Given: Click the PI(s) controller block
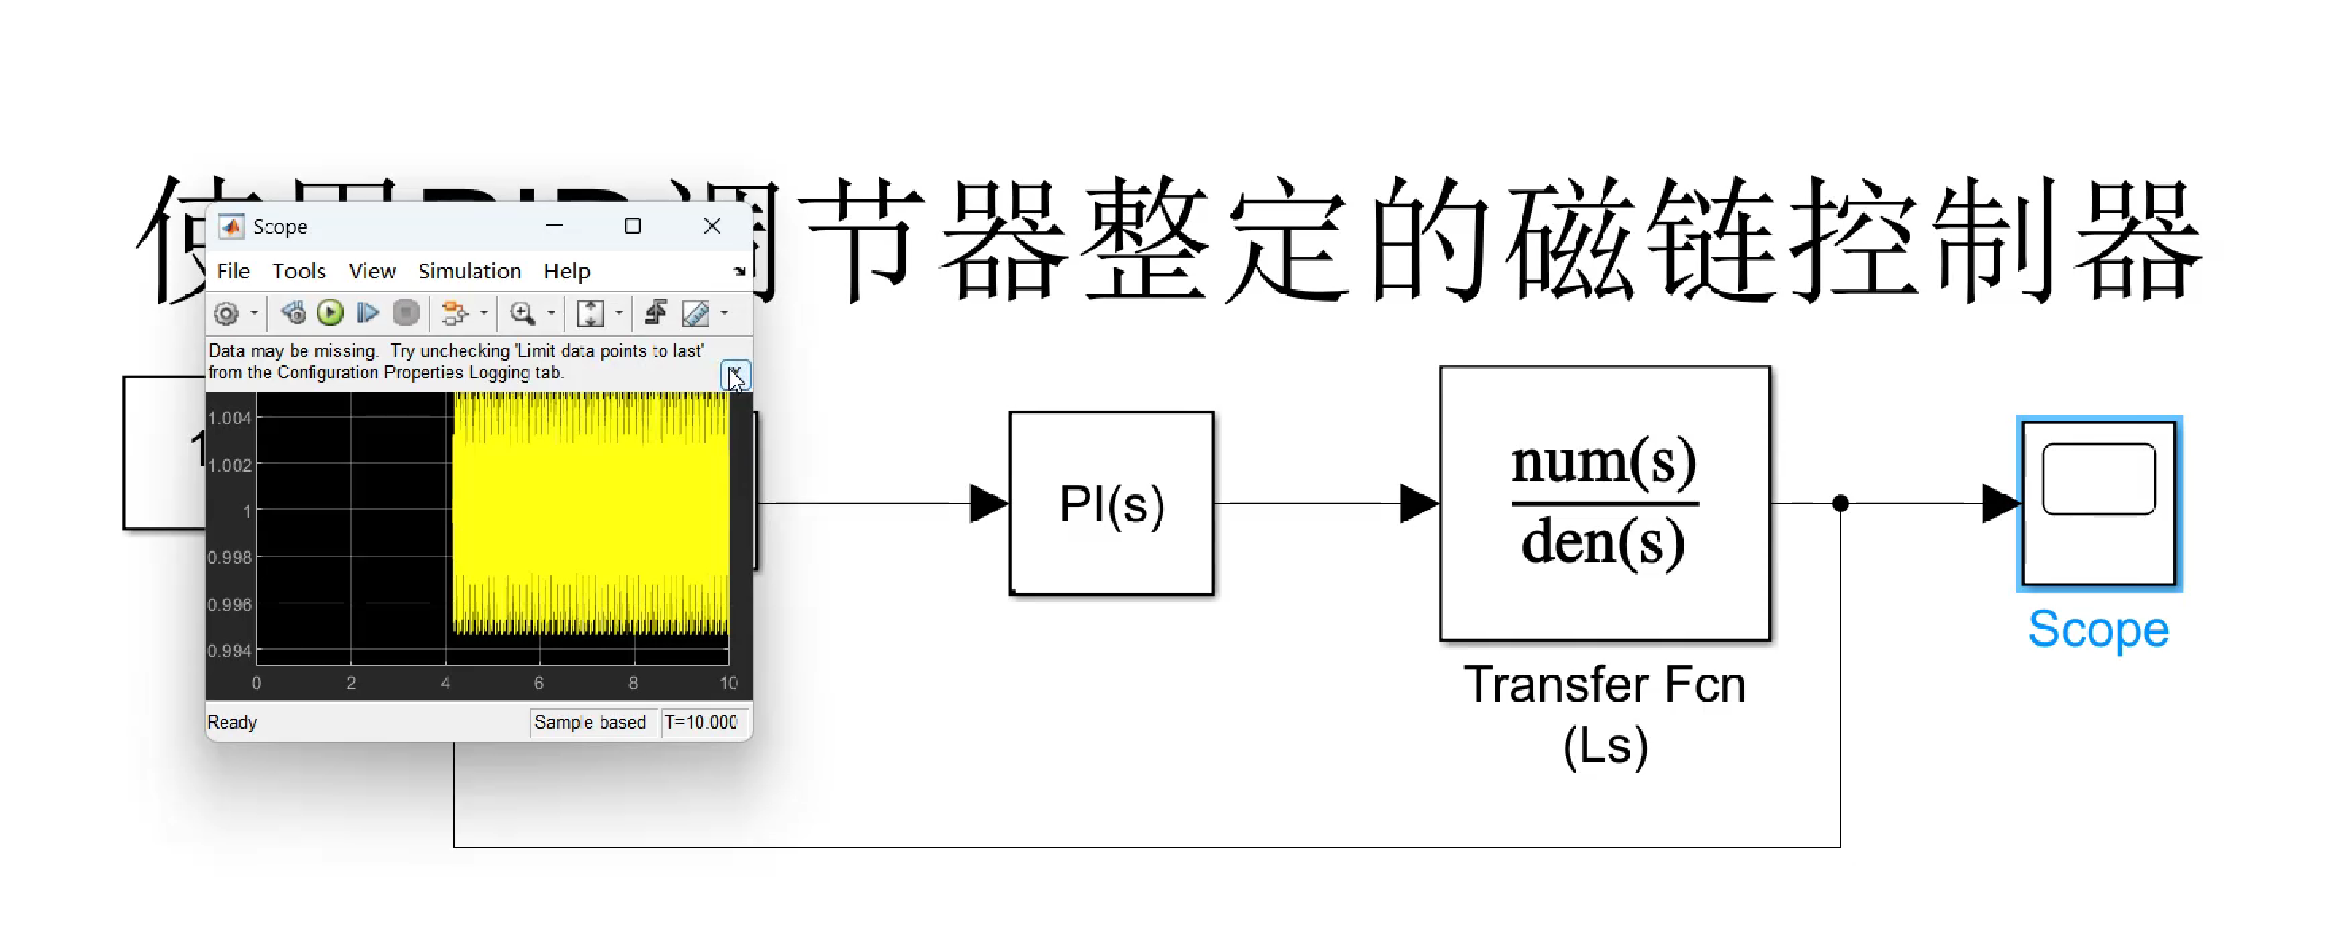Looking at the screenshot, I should pyautogui.click(x=1111, y=504).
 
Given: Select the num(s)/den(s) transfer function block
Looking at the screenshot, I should pyautogui.click(x=1604, y=503).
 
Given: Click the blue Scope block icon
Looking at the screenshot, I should pyautogui.click(x=2099, y=503).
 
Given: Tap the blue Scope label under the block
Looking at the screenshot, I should pyautogui.click(x=2099, y=629).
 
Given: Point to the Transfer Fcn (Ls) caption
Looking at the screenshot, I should pyautogui.click(x=1604, y=715).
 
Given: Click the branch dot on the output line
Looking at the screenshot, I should pyautogui.click(x=1840, y=503).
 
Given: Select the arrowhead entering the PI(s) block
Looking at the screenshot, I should pyautogui.click(x=989, y=503).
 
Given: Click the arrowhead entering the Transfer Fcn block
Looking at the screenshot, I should pyautogui.click(x=1419, y=503).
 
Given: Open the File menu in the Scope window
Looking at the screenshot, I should pyautogui.click(x=233, y=271).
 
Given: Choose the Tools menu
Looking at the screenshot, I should pyautogui.click(x=299, y=271).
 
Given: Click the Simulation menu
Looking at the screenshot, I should pyautogui.click(x=469, y=271).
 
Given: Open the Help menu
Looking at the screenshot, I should pyautogui.click(x=566, y=271).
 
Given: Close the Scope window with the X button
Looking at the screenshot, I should pyautogui.click(x=712, y=226).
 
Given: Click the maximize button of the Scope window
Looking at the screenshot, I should pyautogui.click(x=633, y=226).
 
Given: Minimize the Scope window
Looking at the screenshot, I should pyautogui.click(x=555, y=226).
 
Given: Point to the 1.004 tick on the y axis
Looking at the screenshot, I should pyautogui.click(x=230, y=418).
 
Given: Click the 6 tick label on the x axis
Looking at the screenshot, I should pyautogui.click(x=538, y=683).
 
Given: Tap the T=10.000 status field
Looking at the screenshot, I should pyautogui.click(x=701, y=722).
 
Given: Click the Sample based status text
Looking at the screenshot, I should pyautogui.click(x=591, y=722).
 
